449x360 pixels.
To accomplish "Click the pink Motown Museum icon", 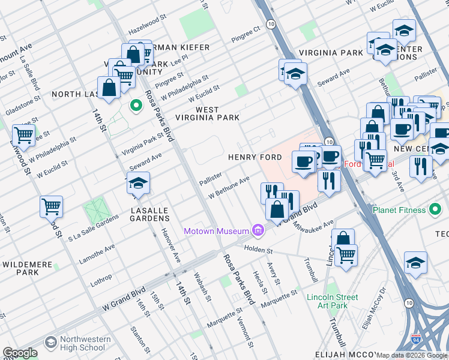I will point(258,230).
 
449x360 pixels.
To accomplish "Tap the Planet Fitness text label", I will point(410,210).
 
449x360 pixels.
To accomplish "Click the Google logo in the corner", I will point(20,352).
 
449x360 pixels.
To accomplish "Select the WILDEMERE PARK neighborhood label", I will point(28,268).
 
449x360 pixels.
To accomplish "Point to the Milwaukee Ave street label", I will point(313,227).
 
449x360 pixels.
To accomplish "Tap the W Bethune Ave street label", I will point(229,188).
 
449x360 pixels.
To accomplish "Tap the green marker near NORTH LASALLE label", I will point(136,106).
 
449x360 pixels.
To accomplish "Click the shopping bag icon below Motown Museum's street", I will point(277,210).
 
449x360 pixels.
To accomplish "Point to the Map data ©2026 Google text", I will point(412,355).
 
